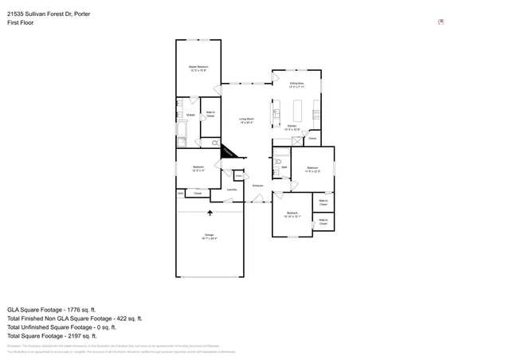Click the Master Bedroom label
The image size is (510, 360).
[198, 68]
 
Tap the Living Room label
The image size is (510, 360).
[246, 121]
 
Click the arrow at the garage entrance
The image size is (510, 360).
[210, 213]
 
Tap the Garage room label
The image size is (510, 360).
[210, 237]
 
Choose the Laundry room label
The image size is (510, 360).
[232, 190]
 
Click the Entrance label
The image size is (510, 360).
[257, 186]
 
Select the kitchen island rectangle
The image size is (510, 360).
[301, 108]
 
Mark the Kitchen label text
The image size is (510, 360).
[292, 127]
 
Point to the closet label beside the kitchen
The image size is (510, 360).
[312, 139]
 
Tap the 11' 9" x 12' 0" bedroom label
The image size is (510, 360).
[313, 169]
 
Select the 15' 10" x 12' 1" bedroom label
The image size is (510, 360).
[292, 214]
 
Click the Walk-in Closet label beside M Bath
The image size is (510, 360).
[210, 115]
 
